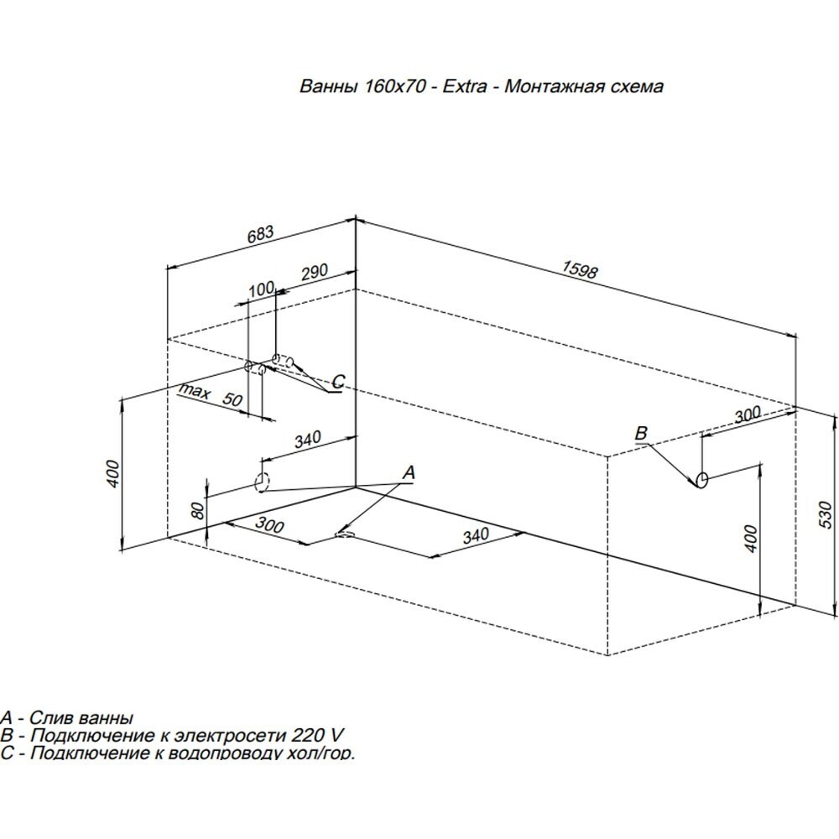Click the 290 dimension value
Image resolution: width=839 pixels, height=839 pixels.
(x=314, y=274)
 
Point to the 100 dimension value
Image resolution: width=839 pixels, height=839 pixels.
(x=262, y=289)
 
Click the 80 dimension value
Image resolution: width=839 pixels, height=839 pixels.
(x=196, y=509)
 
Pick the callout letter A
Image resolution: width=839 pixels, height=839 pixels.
(x=409, y=473)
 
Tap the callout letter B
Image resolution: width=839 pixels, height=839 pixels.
(x=641, y=433)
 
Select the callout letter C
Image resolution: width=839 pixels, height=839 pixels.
(x=336, y=382)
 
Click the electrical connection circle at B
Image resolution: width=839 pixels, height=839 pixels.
(x=702, y=480)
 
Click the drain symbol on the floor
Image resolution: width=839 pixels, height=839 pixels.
(x=345, y=532)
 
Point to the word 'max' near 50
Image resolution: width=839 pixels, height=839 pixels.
(x=194, y=391)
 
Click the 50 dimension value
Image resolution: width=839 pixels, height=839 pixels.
(x=232, y=400)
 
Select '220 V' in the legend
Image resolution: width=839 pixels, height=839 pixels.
(x=316, y=736)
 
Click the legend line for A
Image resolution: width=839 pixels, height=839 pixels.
(x=67, y=718)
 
